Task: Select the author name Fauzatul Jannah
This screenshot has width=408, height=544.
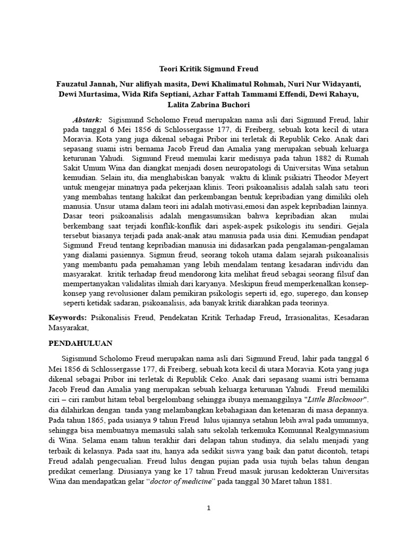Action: (86, 84)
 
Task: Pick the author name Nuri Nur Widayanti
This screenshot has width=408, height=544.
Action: (324, 84)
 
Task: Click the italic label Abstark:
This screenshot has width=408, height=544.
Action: (87, 120)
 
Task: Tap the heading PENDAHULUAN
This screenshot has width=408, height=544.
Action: (80, 343)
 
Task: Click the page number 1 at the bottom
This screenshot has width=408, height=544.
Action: (209, 508)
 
